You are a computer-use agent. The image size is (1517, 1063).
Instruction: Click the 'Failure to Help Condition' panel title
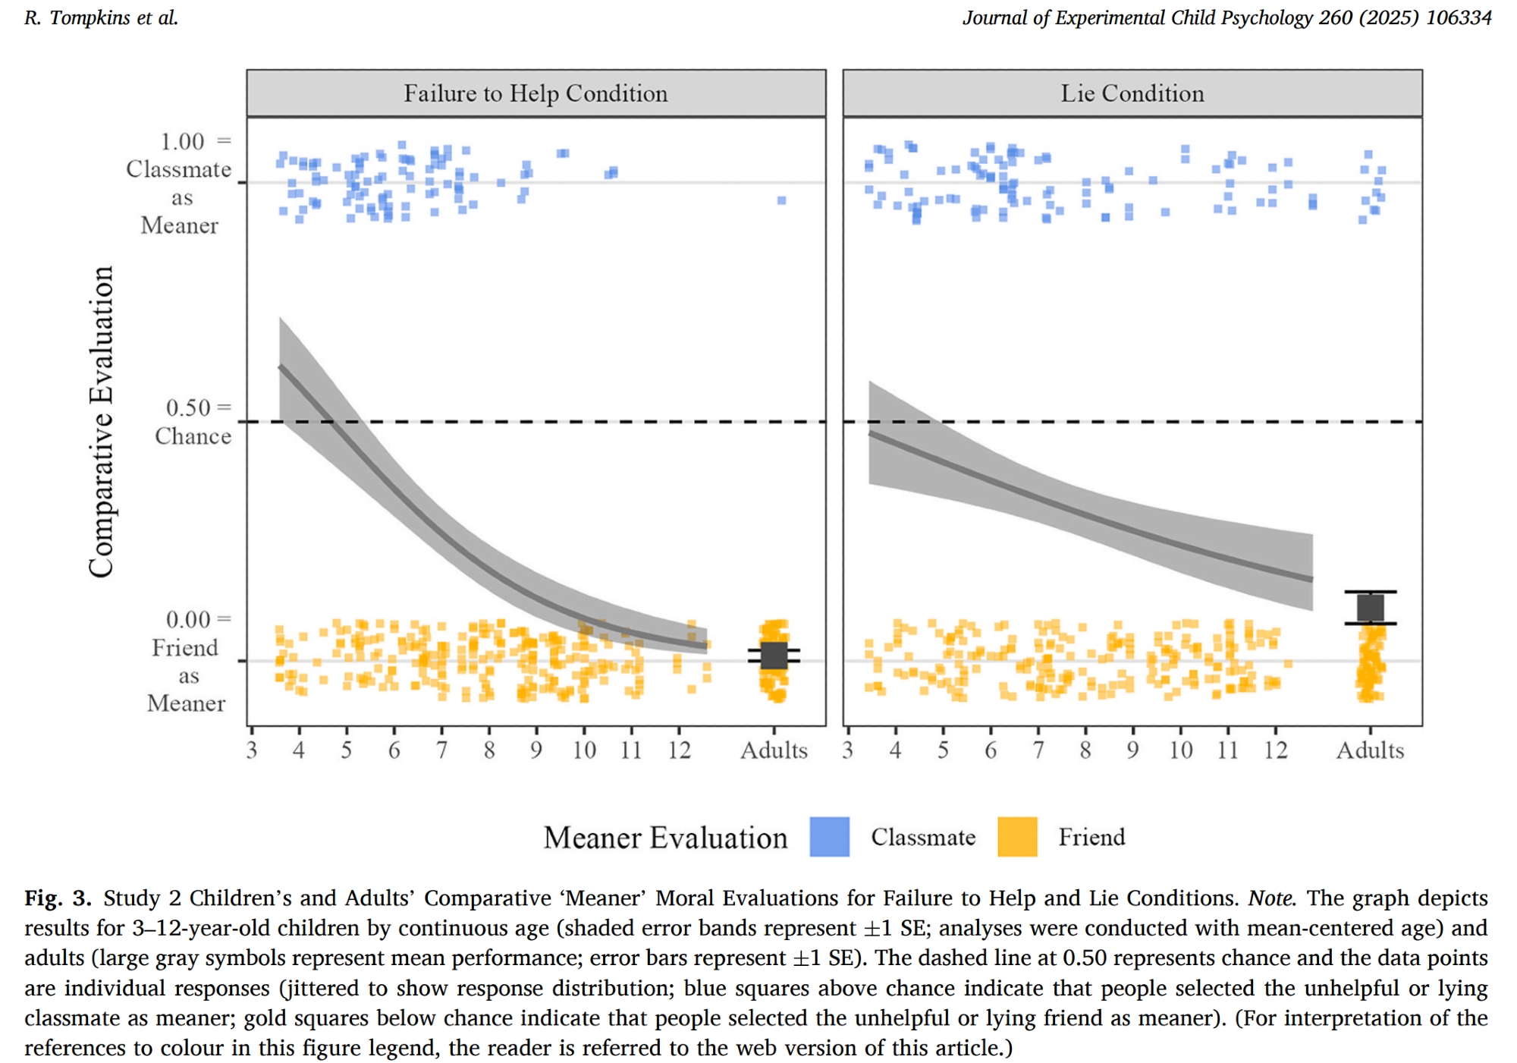pos(536,93)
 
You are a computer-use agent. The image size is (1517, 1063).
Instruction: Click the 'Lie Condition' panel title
pos(1132,93)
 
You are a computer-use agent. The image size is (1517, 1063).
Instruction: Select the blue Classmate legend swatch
pos(829,837)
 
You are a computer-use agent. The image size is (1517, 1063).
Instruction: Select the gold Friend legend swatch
pos(1017,837)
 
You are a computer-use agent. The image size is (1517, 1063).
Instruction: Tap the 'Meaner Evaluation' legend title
pos(665,838)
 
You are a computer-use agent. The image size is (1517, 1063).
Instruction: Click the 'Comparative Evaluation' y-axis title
pos(101,421)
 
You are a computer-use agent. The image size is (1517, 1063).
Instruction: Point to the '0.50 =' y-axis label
pos(198,407)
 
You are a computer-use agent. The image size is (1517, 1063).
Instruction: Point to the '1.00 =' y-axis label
pos(194,142)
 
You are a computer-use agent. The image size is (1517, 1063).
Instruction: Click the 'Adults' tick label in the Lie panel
pos(1370,750)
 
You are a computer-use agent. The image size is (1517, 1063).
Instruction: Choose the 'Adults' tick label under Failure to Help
pos(774,750)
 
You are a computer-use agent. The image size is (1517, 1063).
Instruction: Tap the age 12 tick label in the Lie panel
pos(1275,750)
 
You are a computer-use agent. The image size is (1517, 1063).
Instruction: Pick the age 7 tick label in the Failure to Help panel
pos(441,750)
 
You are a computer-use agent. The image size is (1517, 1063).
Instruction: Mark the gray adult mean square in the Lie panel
pos(1370,608)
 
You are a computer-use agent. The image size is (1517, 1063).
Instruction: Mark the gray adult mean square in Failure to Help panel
pos(774,656)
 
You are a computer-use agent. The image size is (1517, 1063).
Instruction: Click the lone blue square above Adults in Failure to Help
pos(781,200)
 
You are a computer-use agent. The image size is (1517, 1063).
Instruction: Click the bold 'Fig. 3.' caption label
pos(58,898)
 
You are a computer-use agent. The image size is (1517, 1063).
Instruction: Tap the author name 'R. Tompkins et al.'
pos(101,17)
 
